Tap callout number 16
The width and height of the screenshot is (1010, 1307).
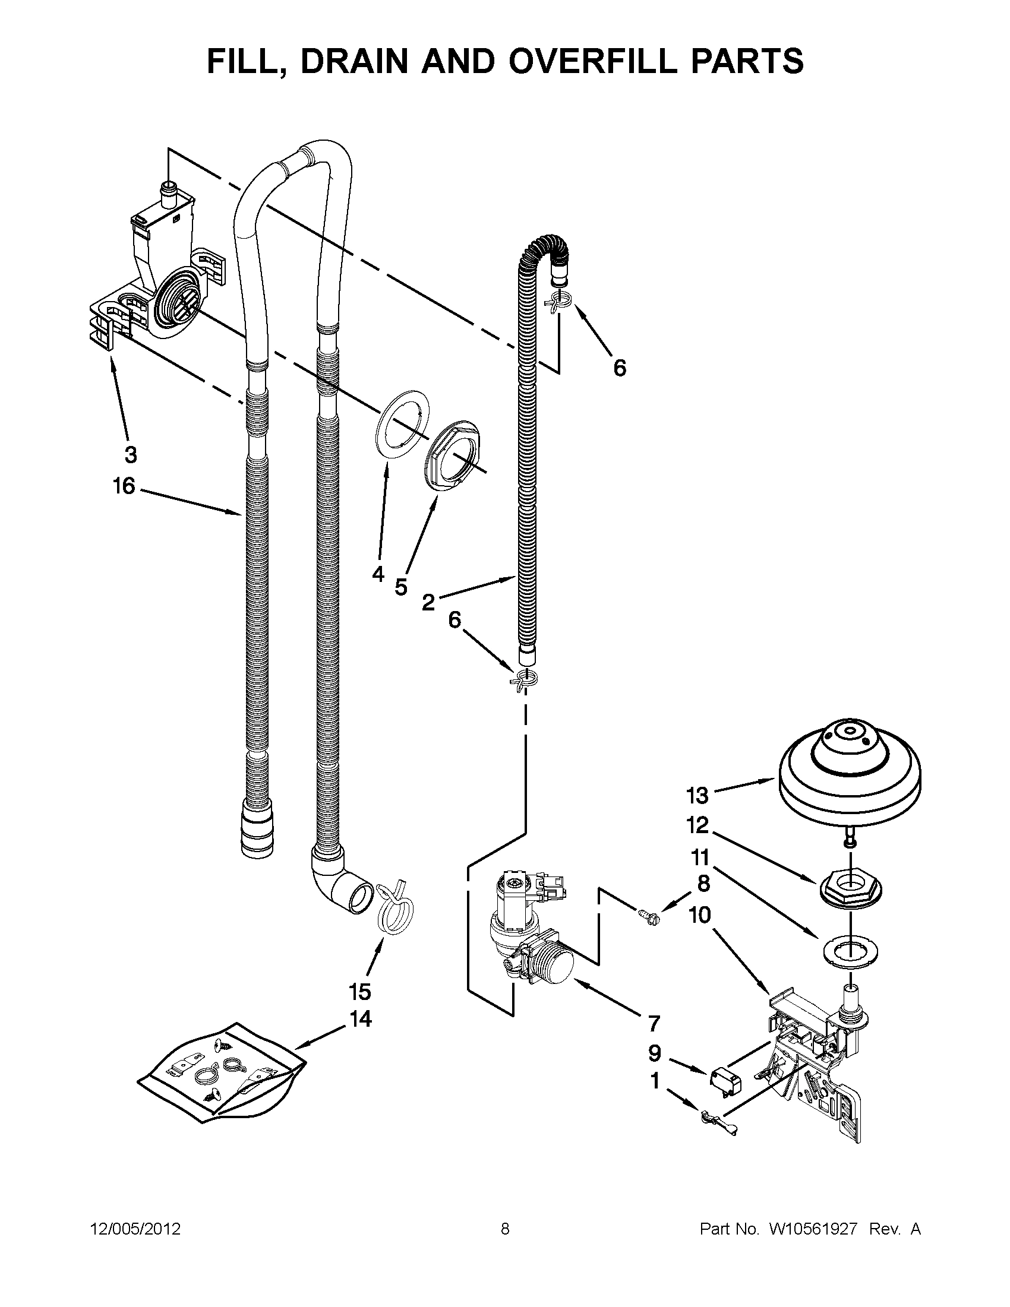pyautogui.click(x=125, y=486)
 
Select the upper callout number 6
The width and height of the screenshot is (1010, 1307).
pyautogui.click(x=620, y=368)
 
